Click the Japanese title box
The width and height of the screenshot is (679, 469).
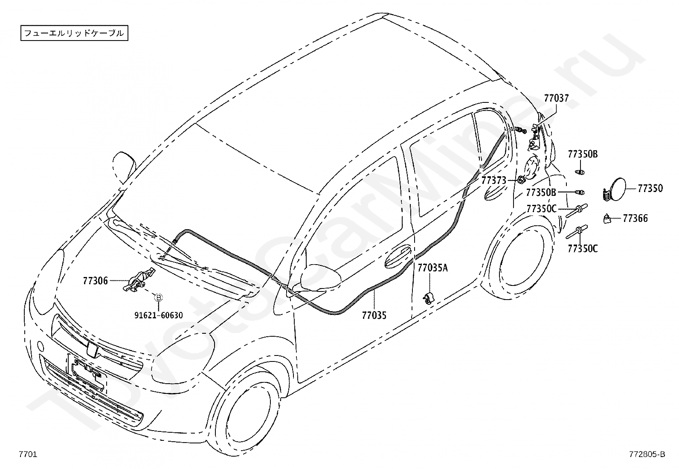[74, 33]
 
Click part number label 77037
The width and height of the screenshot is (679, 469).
[556, 98]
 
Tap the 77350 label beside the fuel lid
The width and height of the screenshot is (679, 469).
[650, 188]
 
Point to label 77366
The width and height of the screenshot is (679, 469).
[635, 218]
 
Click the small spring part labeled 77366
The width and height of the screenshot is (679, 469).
[607, 219]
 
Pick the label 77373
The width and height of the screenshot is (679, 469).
[494, 181]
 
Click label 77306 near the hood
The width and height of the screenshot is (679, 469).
[95, 281]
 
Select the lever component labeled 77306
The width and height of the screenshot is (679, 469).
[138, 281]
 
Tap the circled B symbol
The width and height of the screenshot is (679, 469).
[158, 297]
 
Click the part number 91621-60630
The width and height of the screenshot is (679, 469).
[159, 315]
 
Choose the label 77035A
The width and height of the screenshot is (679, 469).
[432, 268]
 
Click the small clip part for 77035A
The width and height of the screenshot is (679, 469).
[428, 298]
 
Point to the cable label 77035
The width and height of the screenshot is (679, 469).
[374, 316]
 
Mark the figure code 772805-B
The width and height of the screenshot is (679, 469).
[647, 454]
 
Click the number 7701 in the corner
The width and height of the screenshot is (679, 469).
[28, 454]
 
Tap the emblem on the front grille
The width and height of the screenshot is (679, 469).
[92, 349]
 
